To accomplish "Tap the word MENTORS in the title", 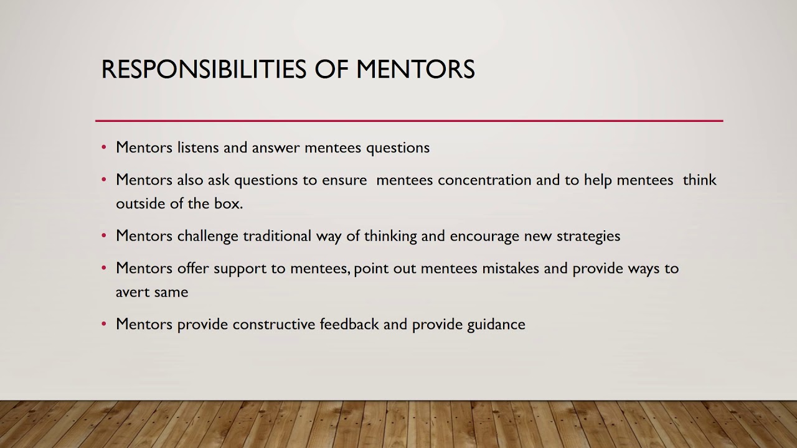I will click(415, 69).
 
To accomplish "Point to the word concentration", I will click(484, 180).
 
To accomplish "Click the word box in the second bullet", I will click(229, 203).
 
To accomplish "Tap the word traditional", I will click(277, 236).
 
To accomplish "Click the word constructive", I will click(273, 324).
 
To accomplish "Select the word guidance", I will click(496, 324).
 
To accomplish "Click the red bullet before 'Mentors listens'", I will click(104, 148).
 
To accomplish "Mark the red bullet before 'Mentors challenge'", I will click(104, 236).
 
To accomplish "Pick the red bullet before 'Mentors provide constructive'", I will click(104, 325).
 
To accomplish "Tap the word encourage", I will click(484, 236).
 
